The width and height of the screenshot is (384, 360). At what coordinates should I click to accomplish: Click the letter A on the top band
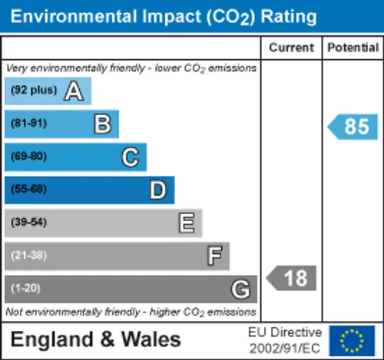tap(74, 91)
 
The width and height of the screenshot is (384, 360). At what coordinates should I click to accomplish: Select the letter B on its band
tap(103, 124)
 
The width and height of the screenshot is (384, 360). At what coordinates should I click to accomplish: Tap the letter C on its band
tap(131, 157)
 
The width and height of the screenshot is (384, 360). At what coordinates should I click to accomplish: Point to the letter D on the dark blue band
tap(158, 190)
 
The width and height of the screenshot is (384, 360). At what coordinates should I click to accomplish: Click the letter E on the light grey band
tap(187, 223)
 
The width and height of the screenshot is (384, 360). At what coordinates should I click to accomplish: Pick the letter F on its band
tap(214, 256)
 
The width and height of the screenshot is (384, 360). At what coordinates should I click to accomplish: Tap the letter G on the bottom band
tap(240, 289)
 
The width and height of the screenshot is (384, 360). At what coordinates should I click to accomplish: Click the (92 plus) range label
tap(34, 90)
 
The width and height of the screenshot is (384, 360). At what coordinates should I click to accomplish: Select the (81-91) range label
tap(28, 123)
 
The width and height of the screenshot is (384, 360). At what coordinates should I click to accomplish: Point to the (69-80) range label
tap(28, 156)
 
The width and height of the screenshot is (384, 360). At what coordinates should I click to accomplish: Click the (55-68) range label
tap(28, 189)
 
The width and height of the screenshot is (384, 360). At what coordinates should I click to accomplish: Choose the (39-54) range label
tap(28, 222)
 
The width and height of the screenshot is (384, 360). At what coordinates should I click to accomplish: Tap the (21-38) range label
tap(28, 255)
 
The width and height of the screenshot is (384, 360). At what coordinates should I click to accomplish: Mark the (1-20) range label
tap(25, 288)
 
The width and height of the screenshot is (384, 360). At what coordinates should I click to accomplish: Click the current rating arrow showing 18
tap(291, 278)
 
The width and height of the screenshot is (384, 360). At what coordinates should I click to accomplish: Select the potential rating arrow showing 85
tap(353, 127)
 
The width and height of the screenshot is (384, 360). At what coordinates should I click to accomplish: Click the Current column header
tap(291, 48)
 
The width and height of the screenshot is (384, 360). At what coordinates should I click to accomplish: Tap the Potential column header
tap(353, 48)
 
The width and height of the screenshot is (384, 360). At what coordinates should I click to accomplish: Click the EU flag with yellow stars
tap(352, 341)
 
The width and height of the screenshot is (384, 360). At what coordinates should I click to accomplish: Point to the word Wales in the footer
tap(151, 339)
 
